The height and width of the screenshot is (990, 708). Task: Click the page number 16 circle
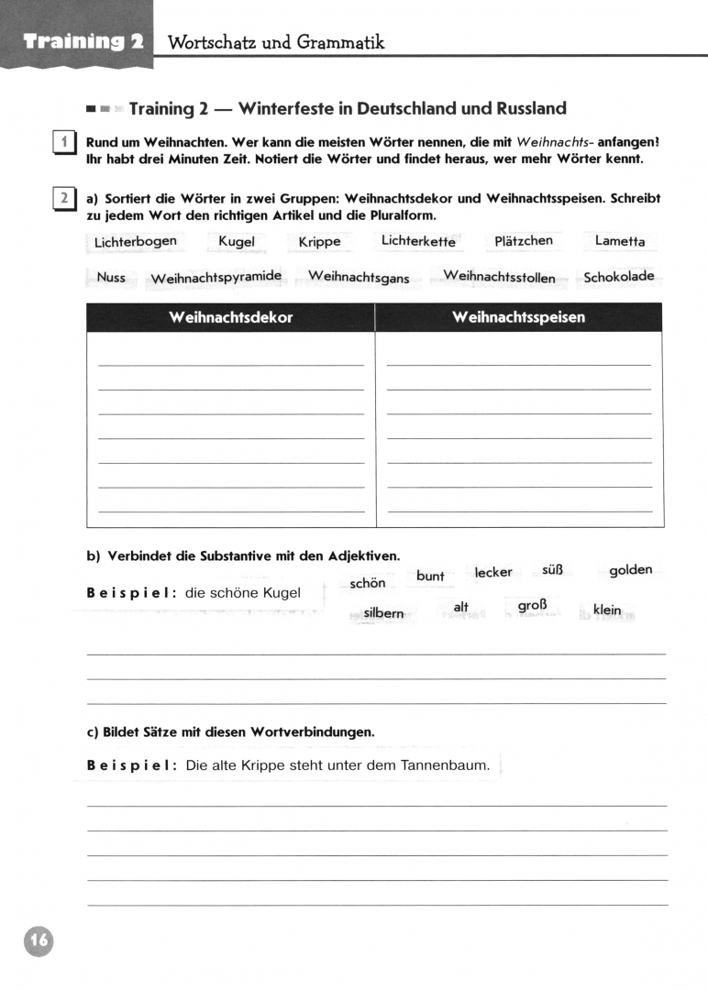point(39,940)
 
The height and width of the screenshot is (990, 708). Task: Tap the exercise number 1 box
point(64,144)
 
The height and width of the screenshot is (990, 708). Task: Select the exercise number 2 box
point(64,199)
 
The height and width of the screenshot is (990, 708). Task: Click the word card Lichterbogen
point(135,242)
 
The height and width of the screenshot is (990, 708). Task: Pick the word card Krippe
point(319,242)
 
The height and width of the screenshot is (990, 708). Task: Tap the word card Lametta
point(619,241)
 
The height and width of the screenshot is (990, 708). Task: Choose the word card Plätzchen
point(523,241)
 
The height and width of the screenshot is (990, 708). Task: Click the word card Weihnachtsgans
point(359,277)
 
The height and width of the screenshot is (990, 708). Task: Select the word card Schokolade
point(619,277)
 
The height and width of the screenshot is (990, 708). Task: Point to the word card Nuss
point(111,277)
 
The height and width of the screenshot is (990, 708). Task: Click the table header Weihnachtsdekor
point(230,317)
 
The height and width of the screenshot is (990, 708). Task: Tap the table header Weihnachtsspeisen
point(518,317)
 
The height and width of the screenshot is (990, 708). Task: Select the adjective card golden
point(630,570)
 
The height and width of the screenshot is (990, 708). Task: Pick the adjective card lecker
point(493,572)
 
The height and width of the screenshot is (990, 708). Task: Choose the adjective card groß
point(532,607)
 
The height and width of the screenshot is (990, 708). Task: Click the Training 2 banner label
point(83,41)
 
